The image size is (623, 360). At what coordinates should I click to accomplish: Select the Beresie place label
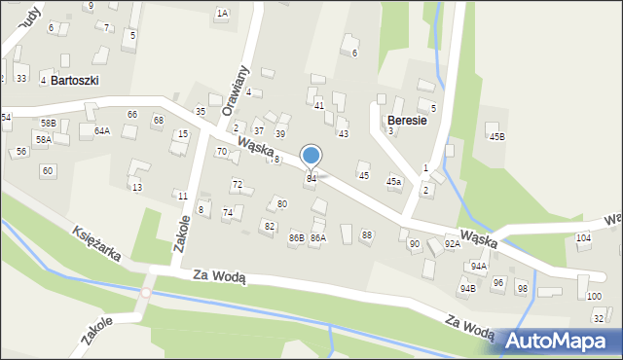tap(407, 110)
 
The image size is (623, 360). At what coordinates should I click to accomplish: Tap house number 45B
tap(497, 137)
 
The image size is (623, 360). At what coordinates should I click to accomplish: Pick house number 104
tap(583, 237)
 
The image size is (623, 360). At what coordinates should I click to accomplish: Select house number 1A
tap(222, 14)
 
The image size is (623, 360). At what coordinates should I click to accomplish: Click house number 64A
tap(102, 130)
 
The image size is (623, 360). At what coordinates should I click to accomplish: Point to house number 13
tap(137, 187)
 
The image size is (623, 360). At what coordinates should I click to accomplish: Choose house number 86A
tap(317, 237)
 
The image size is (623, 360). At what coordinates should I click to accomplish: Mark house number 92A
tap(453, 244)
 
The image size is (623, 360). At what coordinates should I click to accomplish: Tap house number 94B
tap(468, 288)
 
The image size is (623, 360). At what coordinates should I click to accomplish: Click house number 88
tap(367, 234)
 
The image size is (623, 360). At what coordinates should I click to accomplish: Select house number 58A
tap(44, 139)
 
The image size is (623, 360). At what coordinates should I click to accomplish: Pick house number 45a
tap(393, 181)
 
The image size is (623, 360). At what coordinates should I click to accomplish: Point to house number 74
tap(228, 212)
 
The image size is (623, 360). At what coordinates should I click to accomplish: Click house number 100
tap(594, 295)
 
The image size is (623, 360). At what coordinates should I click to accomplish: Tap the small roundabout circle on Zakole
tap(146, 292)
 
